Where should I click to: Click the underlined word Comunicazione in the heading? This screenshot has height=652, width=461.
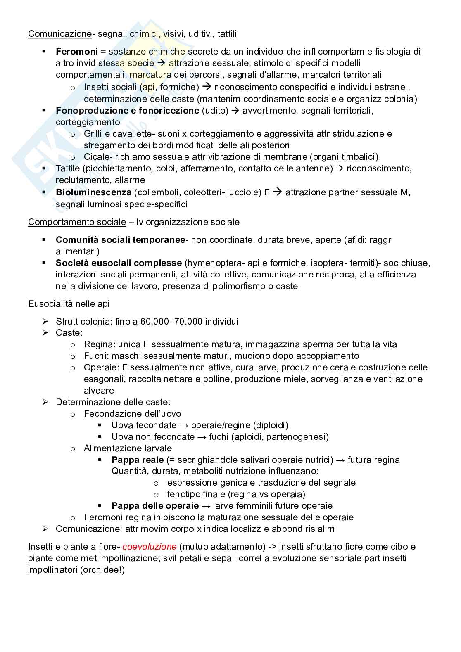(59, 34)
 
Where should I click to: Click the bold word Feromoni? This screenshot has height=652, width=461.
(77, 52)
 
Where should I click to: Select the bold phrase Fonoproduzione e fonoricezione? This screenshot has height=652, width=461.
(127, 111)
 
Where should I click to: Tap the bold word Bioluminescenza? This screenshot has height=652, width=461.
(93, 192)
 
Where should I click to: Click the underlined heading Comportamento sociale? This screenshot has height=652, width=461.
(77, 222)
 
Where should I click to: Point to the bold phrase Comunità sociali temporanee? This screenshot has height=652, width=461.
(120, 240)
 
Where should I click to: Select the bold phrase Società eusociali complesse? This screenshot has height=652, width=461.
(119, 263)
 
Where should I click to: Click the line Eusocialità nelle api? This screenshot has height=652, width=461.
(69, 304)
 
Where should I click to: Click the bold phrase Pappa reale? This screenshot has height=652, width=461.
(137, 460)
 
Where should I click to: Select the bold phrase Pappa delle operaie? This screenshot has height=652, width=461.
(155, 506)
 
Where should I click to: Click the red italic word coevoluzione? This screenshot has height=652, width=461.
(149, 547)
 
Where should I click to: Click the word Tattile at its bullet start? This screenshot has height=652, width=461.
(68, 168)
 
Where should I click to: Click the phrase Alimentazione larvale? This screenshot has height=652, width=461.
(128, 448)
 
